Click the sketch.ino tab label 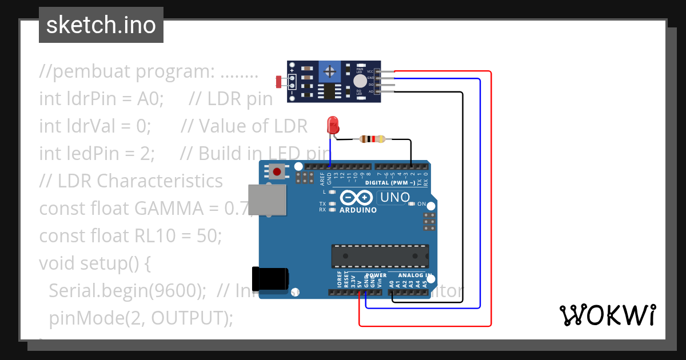[x=101, y=25]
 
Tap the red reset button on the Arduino [x=278, y=171]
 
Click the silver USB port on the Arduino [x=268, y=200]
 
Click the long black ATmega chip [x=380, y=255]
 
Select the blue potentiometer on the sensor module [x=329, y=71]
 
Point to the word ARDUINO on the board [x=358, y=210]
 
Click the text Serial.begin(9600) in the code [x=127, y=291]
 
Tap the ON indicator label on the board [x=421, y=204]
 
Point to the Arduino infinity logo [x=357, y=198]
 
